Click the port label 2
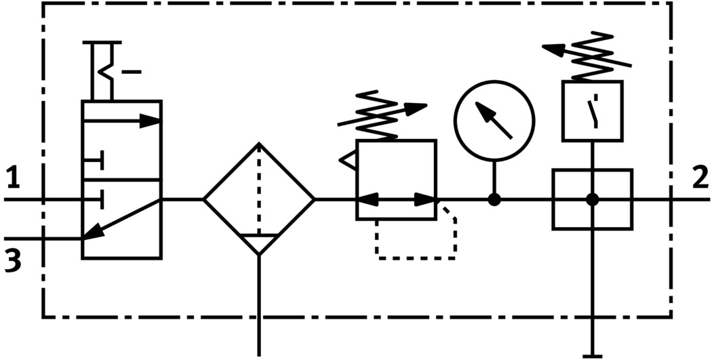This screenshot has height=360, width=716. (700, 179)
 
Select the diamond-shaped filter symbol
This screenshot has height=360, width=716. (259, 199)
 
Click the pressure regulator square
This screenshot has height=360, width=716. (396, 180)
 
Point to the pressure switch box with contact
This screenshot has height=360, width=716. (593, 111)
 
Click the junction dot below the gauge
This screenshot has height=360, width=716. (494, 199)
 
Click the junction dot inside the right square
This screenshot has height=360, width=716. (593, 199)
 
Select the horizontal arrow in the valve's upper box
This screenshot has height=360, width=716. (122, 121)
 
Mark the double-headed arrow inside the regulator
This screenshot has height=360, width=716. (396, 199)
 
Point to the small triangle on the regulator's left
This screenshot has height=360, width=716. (348, 159)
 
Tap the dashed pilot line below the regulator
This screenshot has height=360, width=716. (415, 257)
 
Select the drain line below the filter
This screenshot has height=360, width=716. (259, 305)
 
